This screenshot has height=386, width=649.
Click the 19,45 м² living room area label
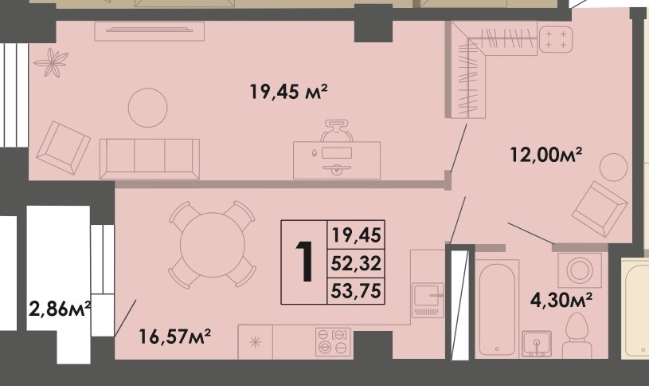pos(289,93)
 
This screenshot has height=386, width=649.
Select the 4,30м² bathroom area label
pos(561,301)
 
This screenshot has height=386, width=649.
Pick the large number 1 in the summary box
pos(303,262)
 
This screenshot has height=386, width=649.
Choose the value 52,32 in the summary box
pos(357,262)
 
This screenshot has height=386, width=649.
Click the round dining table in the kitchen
pos(212,244)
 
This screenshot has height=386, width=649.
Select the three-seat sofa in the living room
pos(149,158)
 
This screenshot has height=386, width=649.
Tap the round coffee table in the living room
pos(148,107)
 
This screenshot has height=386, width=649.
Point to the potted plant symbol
pos(52,62)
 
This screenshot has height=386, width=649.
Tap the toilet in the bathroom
pos(575,337)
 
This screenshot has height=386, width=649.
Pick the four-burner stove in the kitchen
pos(334,341)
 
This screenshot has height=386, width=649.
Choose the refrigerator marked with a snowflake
pos(255,342)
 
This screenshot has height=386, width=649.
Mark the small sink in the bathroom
pos(536,343)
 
